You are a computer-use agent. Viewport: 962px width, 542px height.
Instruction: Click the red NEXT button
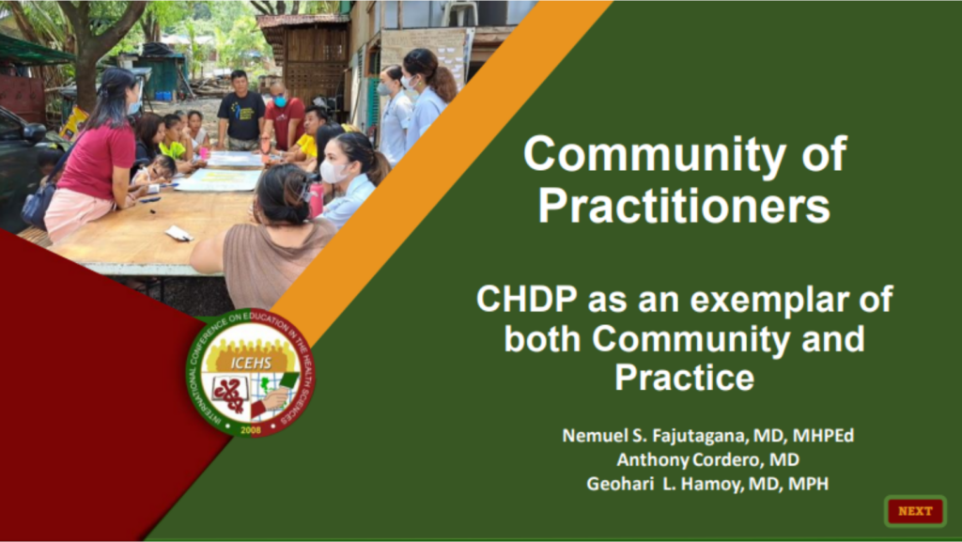915,511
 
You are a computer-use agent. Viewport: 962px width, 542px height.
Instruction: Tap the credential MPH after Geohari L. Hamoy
811,484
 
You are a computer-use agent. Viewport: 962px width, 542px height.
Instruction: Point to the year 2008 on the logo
251,429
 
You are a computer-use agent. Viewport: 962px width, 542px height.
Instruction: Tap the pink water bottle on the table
317,198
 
